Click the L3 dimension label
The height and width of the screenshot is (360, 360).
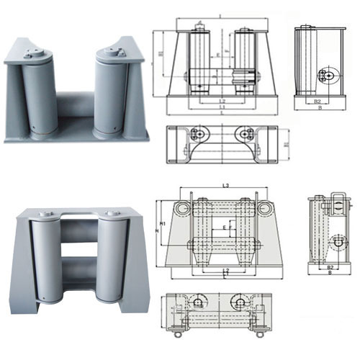[x=226, y=186]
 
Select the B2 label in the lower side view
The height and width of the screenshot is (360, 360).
[x=329, y=267]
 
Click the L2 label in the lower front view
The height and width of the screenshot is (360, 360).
[x=225, y=270]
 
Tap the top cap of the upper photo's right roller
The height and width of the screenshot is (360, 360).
[x=112, y=51]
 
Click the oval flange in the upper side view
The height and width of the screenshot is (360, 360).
[x=328, y=74]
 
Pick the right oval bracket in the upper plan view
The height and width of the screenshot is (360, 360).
[x=243, y=134]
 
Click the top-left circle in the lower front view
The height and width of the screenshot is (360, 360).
[x=181, y=208]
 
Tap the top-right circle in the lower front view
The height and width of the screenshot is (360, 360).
[x=269, y=208]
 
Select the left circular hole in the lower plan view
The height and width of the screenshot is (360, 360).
[x=197, y=301]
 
